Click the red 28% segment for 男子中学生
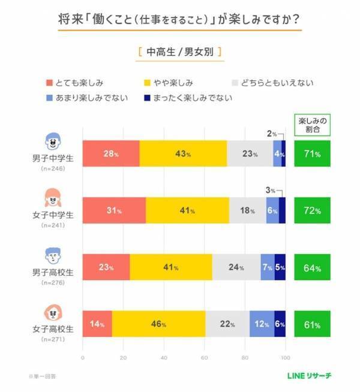(x=110, y=154)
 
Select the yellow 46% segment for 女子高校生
(x=158, y=324)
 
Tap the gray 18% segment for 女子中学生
(x=247, y=210)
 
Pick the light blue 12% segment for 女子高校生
(x=262, y=324)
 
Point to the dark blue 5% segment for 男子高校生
(x=280, y=267)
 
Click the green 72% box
(x=312, y=210)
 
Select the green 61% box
(x=312, y=324)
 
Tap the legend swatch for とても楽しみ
(x=50, y=83)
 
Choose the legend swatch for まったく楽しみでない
(x=148, y=98)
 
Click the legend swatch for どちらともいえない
(x=236, y=83)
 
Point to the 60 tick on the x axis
(x=205, y=357)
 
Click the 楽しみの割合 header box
(x=312, y=124)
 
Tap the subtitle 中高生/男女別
(x=179, y=52)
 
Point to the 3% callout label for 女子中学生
(x=270, y=190)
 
